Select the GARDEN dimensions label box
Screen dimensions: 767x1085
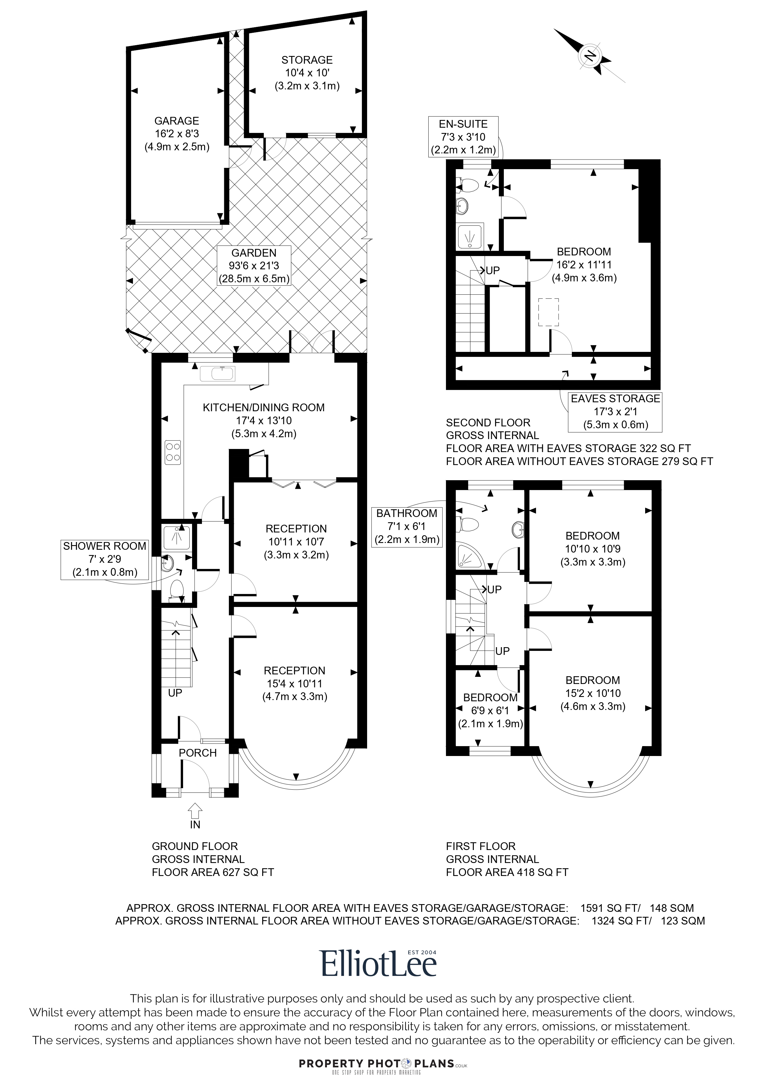(x=254, y=266)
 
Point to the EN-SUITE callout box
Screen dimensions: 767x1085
(x=463, y=137)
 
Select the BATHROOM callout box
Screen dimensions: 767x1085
(x=407, y=527)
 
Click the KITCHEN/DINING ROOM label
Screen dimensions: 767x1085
(x=264, y=407)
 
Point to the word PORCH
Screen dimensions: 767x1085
(x=198, y=753)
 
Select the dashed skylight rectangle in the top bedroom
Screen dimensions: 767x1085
(x=549, y=312)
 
